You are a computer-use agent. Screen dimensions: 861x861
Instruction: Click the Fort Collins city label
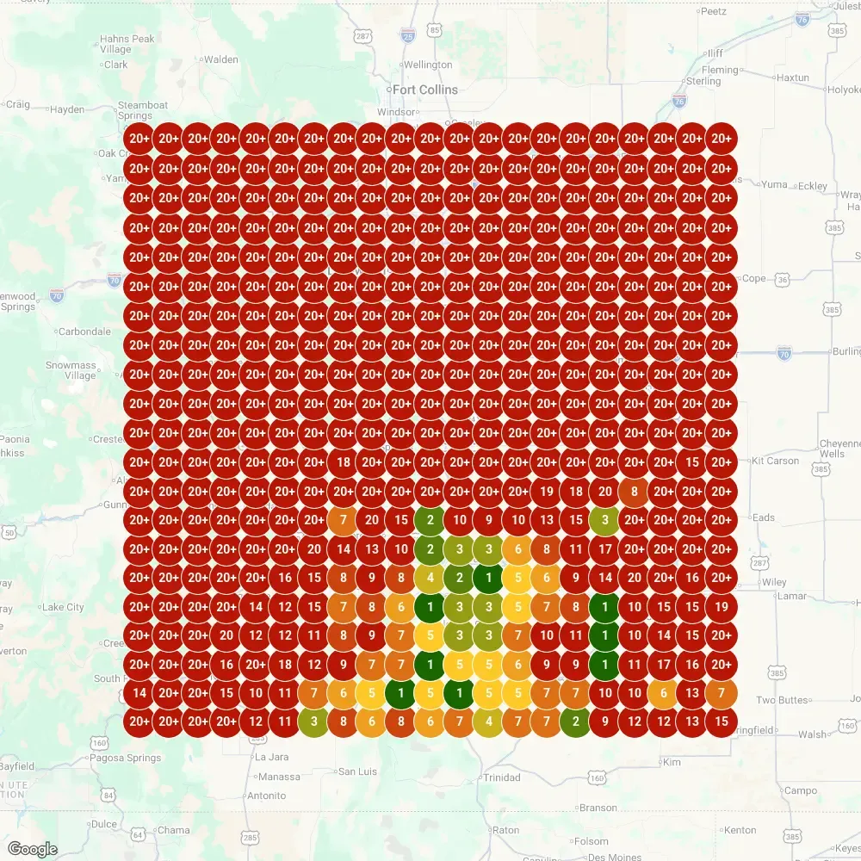coord(425,90)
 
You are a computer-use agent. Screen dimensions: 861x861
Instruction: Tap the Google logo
coord(34,849)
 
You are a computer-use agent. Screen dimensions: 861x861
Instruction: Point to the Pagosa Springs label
coord(126,759)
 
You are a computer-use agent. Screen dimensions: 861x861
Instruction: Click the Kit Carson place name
coord(776,461)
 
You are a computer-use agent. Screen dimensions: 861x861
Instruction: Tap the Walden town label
coord(220,60)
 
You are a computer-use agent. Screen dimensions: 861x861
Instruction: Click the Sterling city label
coord(703,81)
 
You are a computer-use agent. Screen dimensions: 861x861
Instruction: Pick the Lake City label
coord(64,607)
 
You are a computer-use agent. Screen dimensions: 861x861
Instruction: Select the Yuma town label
coord(775,184)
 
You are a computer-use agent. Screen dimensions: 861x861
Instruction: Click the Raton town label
coord(505,830)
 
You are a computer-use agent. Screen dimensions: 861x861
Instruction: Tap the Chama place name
coord(173,830)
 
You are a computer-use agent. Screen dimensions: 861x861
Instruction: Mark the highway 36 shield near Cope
coord(782,279)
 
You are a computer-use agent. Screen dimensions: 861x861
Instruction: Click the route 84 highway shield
coord(107,796)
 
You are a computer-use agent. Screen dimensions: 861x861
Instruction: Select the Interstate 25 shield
coord(407,35)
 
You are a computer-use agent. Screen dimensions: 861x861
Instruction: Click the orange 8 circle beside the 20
coord(635,492)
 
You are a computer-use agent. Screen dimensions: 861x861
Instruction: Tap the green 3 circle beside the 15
coord(605,520)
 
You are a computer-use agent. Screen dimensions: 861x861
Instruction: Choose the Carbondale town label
coord(84,331)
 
